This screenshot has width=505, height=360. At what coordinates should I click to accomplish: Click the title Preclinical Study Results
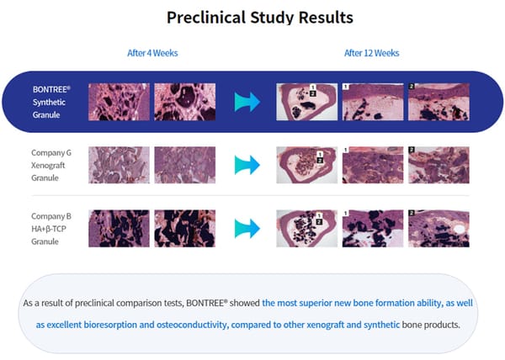coord(259,18)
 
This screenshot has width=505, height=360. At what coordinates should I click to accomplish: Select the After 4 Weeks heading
coord(152,53)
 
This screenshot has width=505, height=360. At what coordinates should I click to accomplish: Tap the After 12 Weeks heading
coord(372,53)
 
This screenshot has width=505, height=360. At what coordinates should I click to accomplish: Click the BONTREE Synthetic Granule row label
coord(51,102)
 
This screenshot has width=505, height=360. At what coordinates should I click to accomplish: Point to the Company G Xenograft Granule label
coord(51,166)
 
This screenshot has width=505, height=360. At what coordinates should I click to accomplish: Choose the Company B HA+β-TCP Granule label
coord(51,229)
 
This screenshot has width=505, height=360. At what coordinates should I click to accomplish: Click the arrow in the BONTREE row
coord(247,102)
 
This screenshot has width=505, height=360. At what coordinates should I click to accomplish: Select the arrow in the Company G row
coord(247,165)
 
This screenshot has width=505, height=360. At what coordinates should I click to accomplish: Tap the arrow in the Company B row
coord(247,229)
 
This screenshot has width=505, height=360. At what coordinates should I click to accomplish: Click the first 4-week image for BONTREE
coord(120,102)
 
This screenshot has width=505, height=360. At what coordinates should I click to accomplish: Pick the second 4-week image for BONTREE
coord(185,102)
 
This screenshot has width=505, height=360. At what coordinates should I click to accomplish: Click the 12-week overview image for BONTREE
coord(307,102)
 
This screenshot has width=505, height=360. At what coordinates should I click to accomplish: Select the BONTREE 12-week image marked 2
coord(439,102)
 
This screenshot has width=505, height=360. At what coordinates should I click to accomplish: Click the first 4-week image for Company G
coord(120,165)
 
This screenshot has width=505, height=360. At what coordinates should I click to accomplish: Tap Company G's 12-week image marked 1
coord(373,165)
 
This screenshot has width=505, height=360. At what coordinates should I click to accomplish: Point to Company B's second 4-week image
coord(185,229)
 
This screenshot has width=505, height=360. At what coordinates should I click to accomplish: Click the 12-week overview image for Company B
coord(307,229)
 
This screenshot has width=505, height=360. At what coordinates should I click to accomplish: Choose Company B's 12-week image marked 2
coord(439,229)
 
